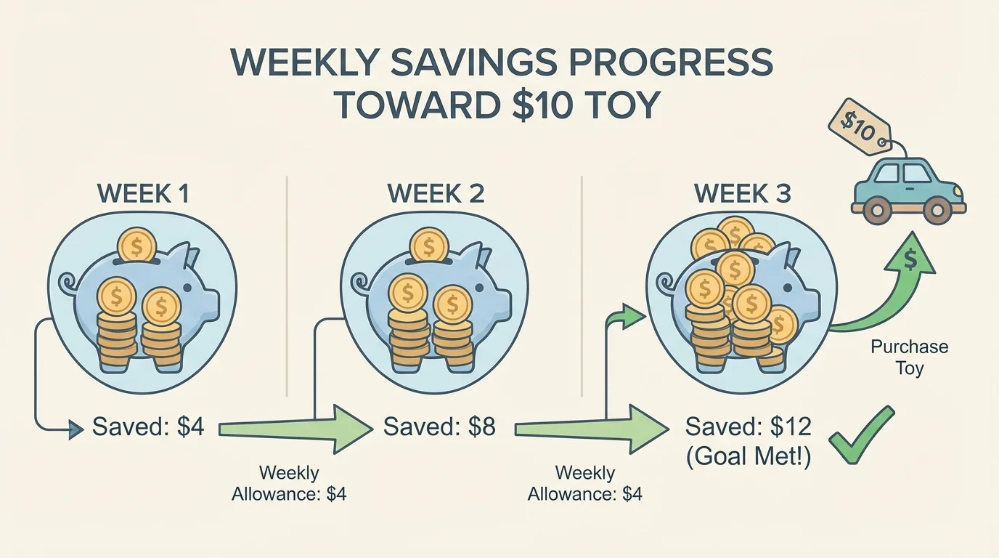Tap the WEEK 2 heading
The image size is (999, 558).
coord(435,193)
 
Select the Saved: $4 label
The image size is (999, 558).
coord(149,427)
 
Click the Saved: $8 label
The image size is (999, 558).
coord(439,426)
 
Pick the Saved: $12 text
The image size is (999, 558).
coord(748,426)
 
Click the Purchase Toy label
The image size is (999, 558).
coord(909,357)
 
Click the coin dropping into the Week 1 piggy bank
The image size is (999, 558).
coord(138,245)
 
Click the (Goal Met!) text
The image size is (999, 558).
coord(748,457)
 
